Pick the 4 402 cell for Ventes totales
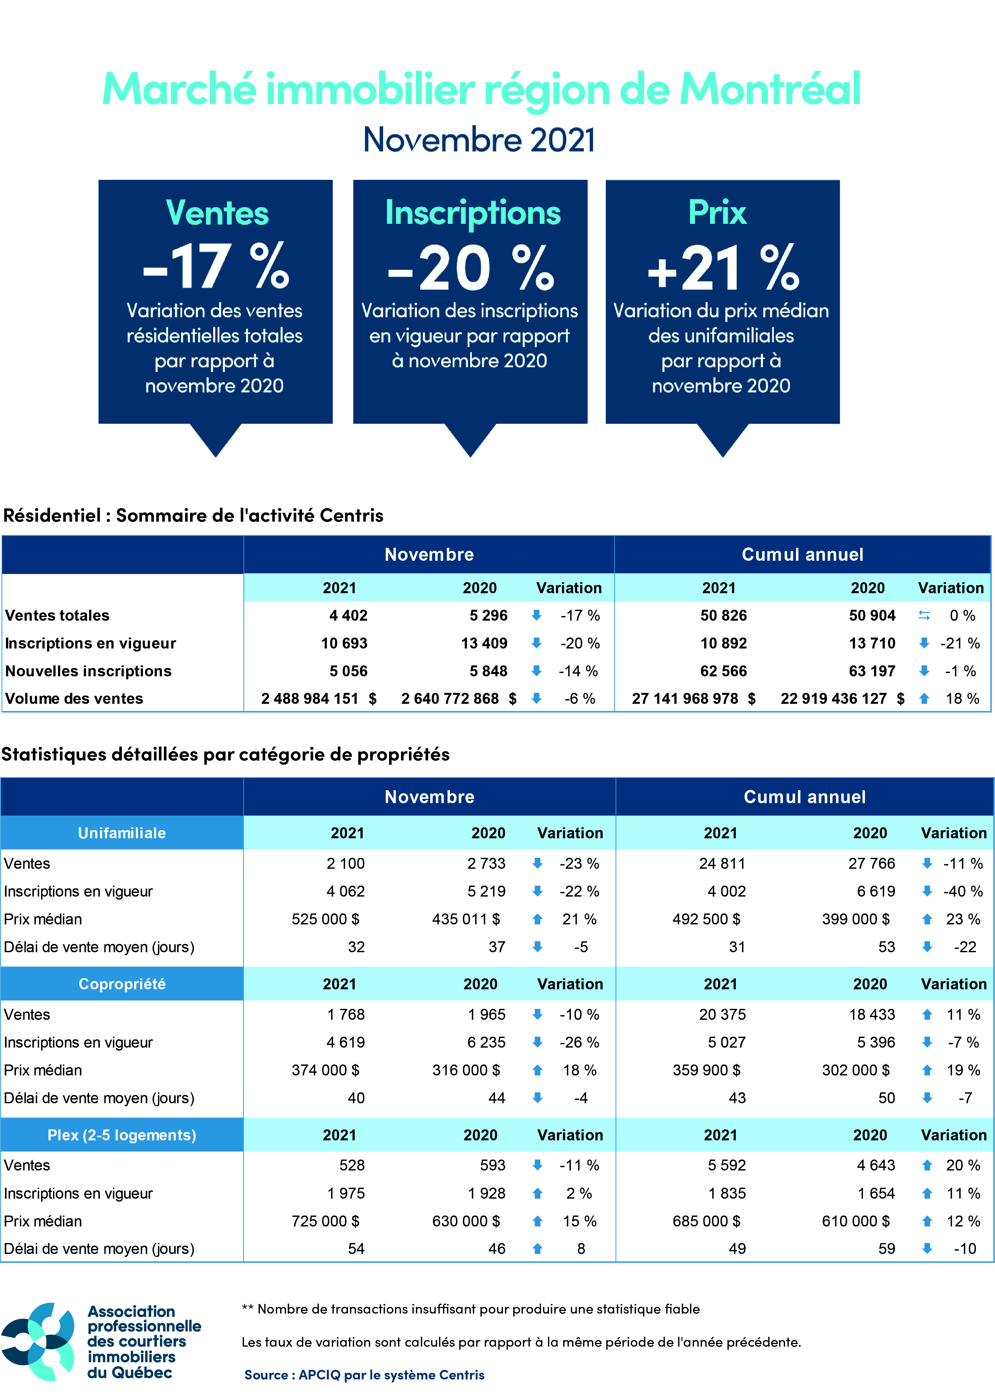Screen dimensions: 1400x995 tap(348, 615)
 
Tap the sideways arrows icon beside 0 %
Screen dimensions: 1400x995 tap(924, 615)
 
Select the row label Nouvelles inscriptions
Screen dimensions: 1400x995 tap(88, 671)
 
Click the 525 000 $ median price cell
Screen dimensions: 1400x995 tap(325, 919)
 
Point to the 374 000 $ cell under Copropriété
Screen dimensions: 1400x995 tap(325, 1070)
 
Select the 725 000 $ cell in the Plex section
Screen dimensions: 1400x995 tap(325, 1221)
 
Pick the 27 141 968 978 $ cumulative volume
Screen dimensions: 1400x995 tap(694, 699)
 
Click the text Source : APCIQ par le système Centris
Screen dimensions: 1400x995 tap(364, 1375)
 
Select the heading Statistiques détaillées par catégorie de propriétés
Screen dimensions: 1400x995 tap(225, 754)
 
